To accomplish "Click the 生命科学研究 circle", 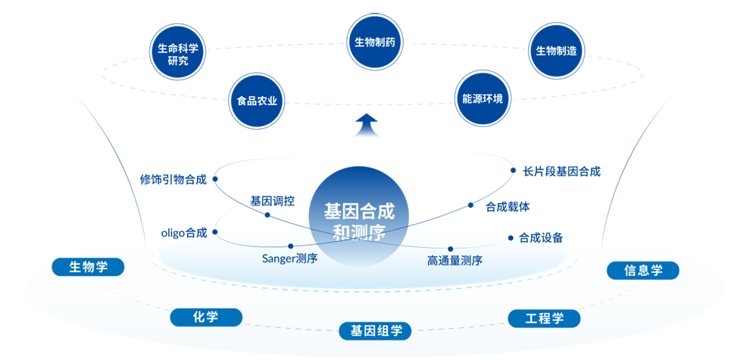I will tap(178, 55).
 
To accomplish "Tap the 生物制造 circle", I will tap(557, 51).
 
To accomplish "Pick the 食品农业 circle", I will tap(258, 100).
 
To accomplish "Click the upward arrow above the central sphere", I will tap(367, 124).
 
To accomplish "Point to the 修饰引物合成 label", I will tap(173, 180).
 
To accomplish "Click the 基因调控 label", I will tap(273, 201).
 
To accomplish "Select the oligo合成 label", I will tap(184, 233).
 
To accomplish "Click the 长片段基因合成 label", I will tap(561, 172).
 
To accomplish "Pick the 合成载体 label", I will tap(508, 205).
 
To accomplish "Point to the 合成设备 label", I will tap(541, 238).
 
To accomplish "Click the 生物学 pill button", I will tap(88, 267).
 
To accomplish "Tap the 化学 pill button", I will tap(206, 317).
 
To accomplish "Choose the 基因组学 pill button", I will tap(375, 330).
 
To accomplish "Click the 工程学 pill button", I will tap(544, 318).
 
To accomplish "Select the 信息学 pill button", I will tap(643, 270).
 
